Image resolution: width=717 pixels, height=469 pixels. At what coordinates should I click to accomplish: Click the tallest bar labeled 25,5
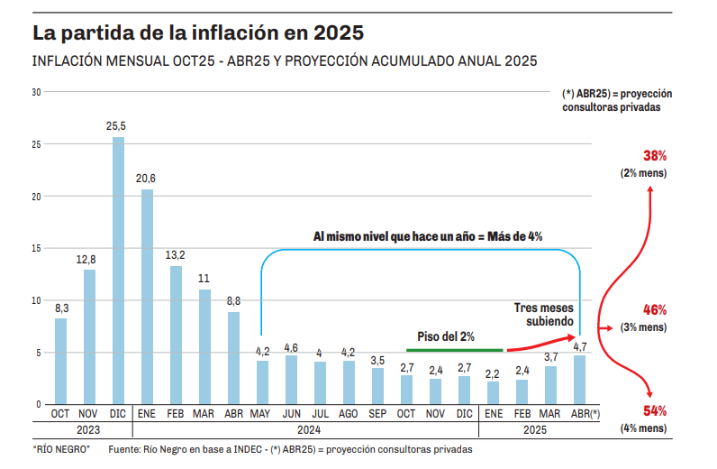pos(118,271)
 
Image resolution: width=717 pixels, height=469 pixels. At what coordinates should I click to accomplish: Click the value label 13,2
pos(176,255)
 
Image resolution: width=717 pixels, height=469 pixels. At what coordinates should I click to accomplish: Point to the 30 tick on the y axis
pos(36,92)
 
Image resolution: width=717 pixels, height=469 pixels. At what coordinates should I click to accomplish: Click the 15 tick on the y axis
pos(36,248)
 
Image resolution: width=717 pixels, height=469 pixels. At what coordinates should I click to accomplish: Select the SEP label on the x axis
pos(377,414)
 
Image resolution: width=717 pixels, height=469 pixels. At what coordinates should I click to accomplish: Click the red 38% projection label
pos(655,156)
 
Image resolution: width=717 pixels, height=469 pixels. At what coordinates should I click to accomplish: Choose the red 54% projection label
pos(655,411)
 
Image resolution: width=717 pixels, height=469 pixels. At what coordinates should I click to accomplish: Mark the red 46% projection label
pos(655,309)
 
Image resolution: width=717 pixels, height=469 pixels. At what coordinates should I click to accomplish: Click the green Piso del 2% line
pos(454,349)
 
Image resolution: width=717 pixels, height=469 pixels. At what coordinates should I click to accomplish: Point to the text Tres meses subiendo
pos(544,313)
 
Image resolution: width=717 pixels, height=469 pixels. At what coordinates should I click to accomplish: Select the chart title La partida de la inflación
pos(198,33)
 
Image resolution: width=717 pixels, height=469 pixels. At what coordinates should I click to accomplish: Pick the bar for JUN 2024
pos(291,379)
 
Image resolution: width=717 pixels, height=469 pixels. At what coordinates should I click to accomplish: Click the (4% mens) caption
pos(642,428)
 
